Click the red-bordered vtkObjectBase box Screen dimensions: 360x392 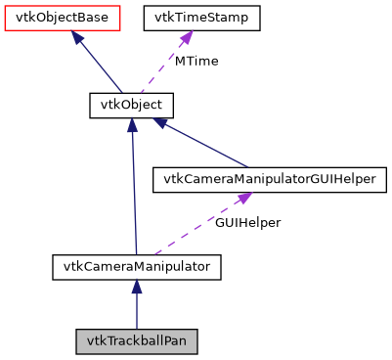tap(63, 18)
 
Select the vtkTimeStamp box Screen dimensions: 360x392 tap(201, 18)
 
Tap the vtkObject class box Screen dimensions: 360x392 tap(131, 104)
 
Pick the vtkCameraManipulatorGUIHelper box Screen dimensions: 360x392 tap(269, 179)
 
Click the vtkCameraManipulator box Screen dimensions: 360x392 tap(137, 265)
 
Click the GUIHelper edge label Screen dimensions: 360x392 tap(248, 222)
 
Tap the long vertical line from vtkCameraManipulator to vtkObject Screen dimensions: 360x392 tap(133, 196)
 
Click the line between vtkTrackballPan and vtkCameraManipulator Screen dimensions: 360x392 tap(137, 311)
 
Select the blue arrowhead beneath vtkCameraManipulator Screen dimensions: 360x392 tap(137, 286)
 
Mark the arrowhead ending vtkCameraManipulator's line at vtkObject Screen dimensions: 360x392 tap(132, 125)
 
